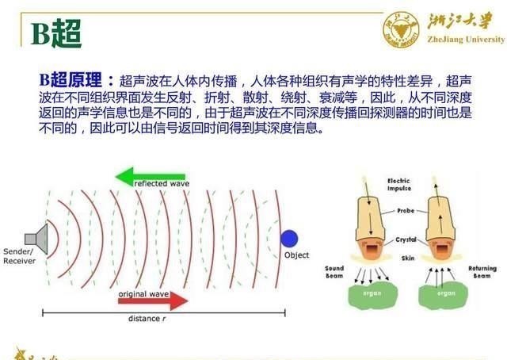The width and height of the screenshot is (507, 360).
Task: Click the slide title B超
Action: coord(56,33)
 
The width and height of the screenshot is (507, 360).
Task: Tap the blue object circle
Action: coord(289,238)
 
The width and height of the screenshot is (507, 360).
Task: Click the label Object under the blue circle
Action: coord(296,255)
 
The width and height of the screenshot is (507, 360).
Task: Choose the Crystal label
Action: coord(406,239)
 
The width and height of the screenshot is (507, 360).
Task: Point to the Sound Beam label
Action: coord(334,273)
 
